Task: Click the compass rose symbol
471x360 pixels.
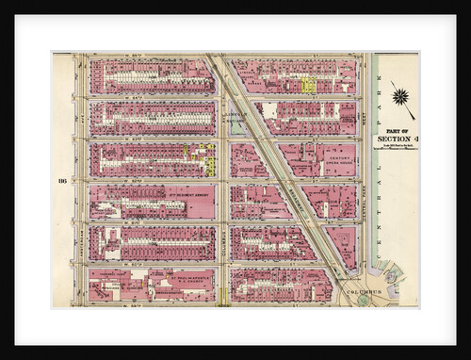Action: coord(402,96)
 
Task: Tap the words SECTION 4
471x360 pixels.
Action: coord(396,140)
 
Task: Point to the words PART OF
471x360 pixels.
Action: coord(396,131)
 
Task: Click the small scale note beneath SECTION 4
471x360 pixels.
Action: coord(396,149)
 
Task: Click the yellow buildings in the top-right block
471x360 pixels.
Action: coord(308,84)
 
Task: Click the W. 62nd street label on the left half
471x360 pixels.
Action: coord(141,181)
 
